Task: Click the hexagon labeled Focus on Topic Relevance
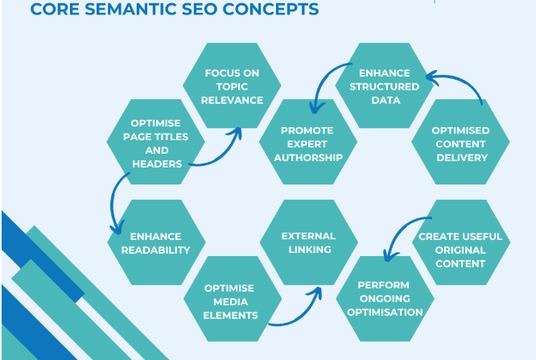click(x=233, y=85)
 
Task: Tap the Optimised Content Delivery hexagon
click(x=461, y=143)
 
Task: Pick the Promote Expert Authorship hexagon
click(x=307, y=143)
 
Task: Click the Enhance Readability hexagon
click(x=156, y=242)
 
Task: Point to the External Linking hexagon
click(x=307, y=242)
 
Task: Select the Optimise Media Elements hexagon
click(x=231, y=300)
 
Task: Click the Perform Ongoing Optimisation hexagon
click(x=384, y=298)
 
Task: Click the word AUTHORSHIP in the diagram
click(x=307, y=157)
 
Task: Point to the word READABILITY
click(x=156, y=250)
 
